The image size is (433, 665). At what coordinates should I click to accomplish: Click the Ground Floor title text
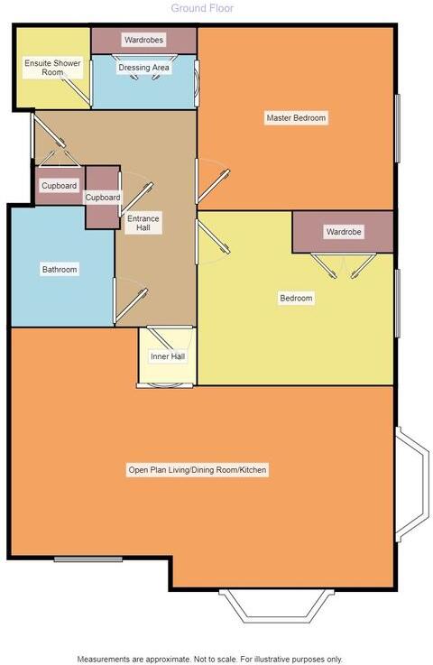(x=202, y=8)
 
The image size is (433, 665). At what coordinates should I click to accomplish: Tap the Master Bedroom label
(x=295, y=118)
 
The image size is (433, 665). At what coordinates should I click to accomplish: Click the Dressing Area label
(x=143, y=68)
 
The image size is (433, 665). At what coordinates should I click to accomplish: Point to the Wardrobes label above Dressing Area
(x=143, y=41)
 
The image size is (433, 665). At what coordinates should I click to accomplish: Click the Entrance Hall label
(x=143, y=223)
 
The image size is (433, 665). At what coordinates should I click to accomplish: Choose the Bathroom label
(x=60, y=270)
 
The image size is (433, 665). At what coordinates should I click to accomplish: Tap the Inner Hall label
(x=166, y=357)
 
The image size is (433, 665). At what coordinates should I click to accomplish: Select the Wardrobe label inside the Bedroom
(x=343, y=232)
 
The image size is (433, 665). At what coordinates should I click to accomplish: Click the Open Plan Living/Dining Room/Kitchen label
(x=198, y=470)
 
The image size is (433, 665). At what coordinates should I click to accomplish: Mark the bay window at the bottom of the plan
(x=272, y=605)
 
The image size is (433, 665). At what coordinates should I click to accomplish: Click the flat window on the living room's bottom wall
(x=88, y=559)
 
